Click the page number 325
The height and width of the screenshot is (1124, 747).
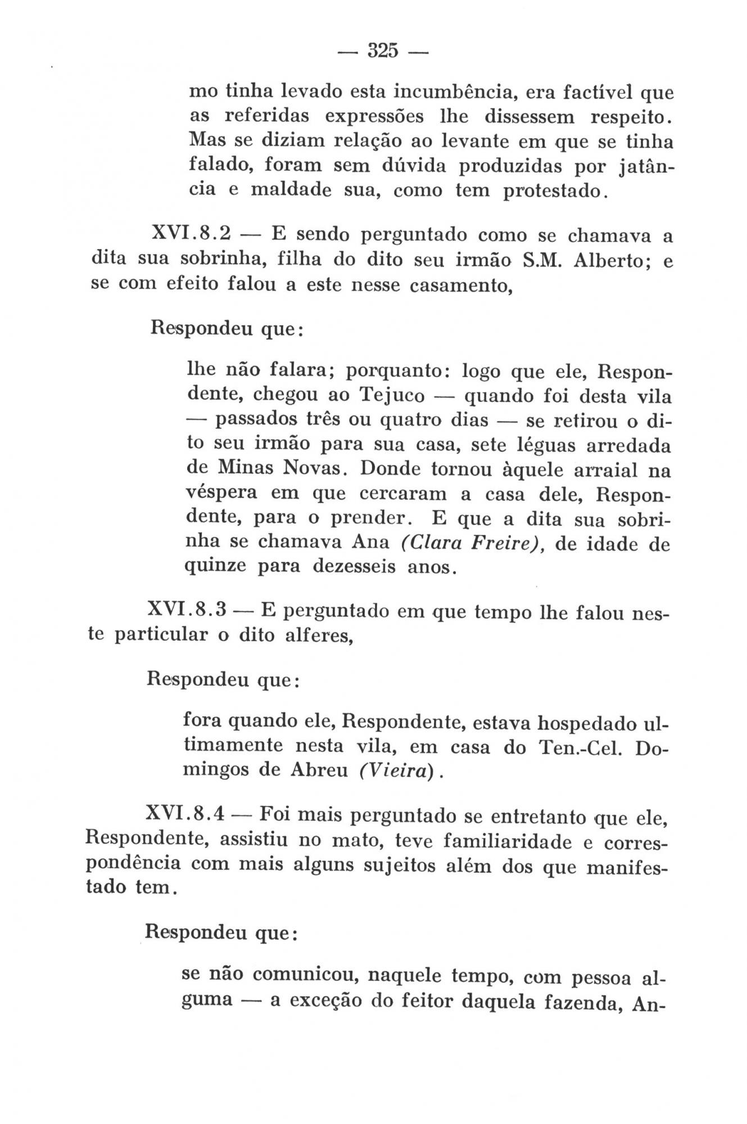(x=382, y=51)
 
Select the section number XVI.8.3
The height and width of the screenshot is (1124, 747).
(x=191, y=610)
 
